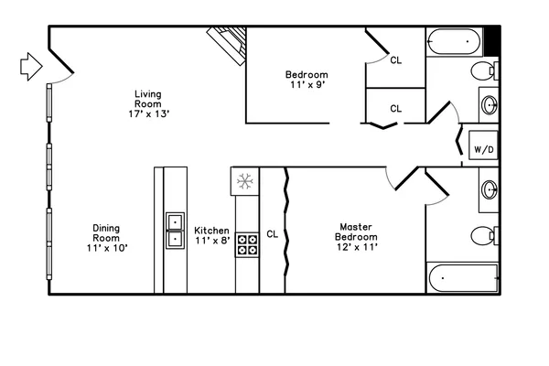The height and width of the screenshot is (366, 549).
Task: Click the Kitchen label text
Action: [211, 235]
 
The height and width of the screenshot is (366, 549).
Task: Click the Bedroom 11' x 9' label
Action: [306, 80]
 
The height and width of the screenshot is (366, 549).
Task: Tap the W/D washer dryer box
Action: [482, 149]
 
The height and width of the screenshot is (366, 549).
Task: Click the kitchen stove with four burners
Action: [247, 244]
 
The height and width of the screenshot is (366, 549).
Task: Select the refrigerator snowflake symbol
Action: [244, 181]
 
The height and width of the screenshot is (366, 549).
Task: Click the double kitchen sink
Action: [175, 230]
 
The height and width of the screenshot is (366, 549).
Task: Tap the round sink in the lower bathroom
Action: [489, 192]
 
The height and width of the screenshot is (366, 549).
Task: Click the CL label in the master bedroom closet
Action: [272, 234]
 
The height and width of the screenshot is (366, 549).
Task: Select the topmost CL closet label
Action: [395, 61]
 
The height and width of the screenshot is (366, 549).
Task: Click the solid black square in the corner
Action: [491, 40]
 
